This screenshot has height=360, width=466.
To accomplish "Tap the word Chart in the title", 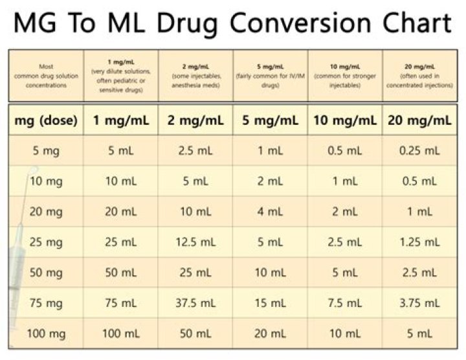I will click(x=407, y=23).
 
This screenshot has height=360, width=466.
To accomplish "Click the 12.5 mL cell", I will click(x=194, y=243).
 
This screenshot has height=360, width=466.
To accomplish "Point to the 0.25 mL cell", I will click(x=419, y=151).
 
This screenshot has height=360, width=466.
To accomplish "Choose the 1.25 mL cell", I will click(x=419, y=243).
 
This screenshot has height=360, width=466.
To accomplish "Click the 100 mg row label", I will click(x=46, y=333).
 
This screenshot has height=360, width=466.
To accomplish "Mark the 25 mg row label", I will click(x=46, y=243).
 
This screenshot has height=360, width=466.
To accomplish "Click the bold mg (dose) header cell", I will click(x=46, y=120).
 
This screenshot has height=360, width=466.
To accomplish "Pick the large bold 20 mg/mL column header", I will click(x=419, y=120).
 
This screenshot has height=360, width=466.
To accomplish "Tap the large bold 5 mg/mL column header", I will click(x=270, y=120).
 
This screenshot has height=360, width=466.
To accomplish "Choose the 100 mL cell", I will click(x=120, y=333).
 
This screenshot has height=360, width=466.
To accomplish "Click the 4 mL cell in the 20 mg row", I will click(x=270, y=212).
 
